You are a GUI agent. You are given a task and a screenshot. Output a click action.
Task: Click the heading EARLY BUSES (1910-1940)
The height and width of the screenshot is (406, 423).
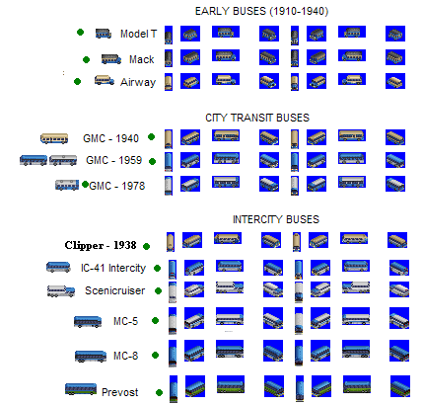pyautogui.click(x=261, y=11)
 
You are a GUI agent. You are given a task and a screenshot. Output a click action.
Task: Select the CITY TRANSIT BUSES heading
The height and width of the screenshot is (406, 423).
pyautogui.click(x=257, y=118)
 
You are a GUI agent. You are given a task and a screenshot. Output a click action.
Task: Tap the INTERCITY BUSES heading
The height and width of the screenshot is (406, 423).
pyautogui.click(x=276, y=219)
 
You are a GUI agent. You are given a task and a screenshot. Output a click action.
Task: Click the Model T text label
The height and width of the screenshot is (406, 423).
pyautogui.click(x=138, y=34)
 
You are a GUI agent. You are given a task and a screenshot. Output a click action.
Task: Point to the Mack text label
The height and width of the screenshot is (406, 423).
pyautogui.click(x=142, y=59)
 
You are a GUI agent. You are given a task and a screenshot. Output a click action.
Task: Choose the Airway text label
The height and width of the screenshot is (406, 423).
pyautogui.click(x=138, y=82)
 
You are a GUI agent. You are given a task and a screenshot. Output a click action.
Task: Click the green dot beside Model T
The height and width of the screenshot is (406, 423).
pyautogui.click(x=80, y=32)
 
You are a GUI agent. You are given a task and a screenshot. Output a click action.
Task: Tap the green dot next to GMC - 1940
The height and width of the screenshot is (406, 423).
pyautogui.click(x=151, y=136)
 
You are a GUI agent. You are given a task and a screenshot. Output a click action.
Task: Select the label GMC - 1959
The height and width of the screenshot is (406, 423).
pyautogui.click(x=113, y=160)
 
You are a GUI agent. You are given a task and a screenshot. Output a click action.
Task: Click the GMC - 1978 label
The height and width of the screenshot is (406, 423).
pyautogui.click(x=117, y=186)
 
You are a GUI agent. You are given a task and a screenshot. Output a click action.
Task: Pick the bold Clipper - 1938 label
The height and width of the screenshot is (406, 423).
pyautogui.click(x=101, y=245)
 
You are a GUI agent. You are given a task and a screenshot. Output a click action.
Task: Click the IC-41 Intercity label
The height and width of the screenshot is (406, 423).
pyautogui.click(x=113, y=268)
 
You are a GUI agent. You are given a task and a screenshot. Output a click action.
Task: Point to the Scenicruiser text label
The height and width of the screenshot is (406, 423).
pyautogui.click(x=114, y=290)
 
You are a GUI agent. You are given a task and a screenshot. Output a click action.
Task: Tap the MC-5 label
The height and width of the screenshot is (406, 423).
pyautogui.click(x=125, y=321)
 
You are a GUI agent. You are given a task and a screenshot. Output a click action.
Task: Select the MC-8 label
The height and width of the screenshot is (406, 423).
pyautogui.click(x=125, y=356)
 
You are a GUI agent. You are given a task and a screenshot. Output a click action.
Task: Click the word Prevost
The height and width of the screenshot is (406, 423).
pyautogui.click(x=120, y=392)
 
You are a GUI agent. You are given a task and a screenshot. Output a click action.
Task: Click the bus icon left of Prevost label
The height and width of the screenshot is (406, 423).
pyautogui.click(x=81, y=389)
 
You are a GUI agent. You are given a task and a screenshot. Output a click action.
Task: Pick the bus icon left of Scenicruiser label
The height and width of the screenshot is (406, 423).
pyautogui.click(x=61, y=290)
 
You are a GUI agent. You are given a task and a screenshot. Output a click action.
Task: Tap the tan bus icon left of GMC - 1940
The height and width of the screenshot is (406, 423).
pyautogui.click(x=54, y=138)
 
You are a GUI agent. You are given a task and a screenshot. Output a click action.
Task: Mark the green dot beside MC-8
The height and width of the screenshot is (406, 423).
pyautogui.click(x=155, y=355)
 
